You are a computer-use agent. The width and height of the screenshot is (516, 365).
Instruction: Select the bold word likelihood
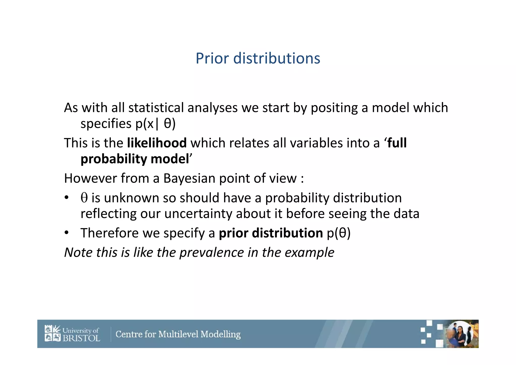pyautogui.click(x=157, y=143)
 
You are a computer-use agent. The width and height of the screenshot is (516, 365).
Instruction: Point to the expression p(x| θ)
pyautogui.click(x=155, y=124)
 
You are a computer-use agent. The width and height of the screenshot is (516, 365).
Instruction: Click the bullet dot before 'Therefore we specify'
pyautogui.click(x=66, y=233)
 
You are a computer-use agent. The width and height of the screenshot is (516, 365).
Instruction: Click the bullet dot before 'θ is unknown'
pyautogui.click(x=66, y=198)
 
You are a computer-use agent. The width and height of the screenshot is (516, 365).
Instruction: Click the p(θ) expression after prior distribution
pyautogui.click(x=339, y=233)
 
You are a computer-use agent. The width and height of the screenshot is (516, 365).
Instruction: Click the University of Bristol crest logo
pyautogui.click(x=53, y=333)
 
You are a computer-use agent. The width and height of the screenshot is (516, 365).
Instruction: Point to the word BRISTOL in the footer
pyautogui.click(x=81, y=338)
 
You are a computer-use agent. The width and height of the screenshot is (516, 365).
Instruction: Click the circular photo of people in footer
pyautogui.click(x=460, y=334)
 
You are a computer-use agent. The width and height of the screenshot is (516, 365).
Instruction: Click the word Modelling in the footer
pyautogui.click(x=221, y=334)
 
